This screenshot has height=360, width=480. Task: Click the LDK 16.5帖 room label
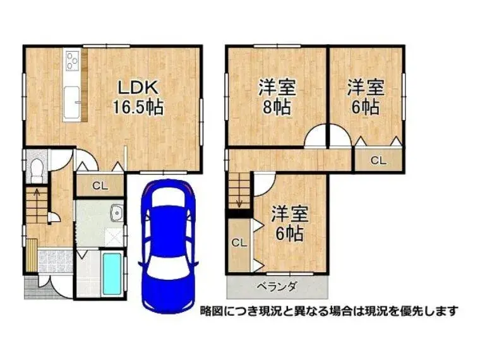(138, 97)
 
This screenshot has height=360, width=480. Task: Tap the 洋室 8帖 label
(277, 97)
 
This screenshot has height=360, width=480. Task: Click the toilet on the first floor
(37, 170)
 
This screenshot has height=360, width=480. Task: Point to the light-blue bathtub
(111, 274)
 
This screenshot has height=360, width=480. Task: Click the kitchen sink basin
(72, 102)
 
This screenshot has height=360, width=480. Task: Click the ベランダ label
(277, 287)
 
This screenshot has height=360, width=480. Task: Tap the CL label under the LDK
(100, 186)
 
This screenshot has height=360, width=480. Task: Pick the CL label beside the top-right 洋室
(378, 160)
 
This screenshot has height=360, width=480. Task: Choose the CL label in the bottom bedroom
(239, 243)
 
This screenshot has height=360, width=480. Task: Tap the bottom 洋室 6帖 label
(289, 223)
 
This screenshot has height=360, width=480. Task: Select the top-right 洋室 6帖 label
(366, 97)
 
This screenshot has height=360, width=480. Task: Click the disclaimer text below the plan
(329, 311)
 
